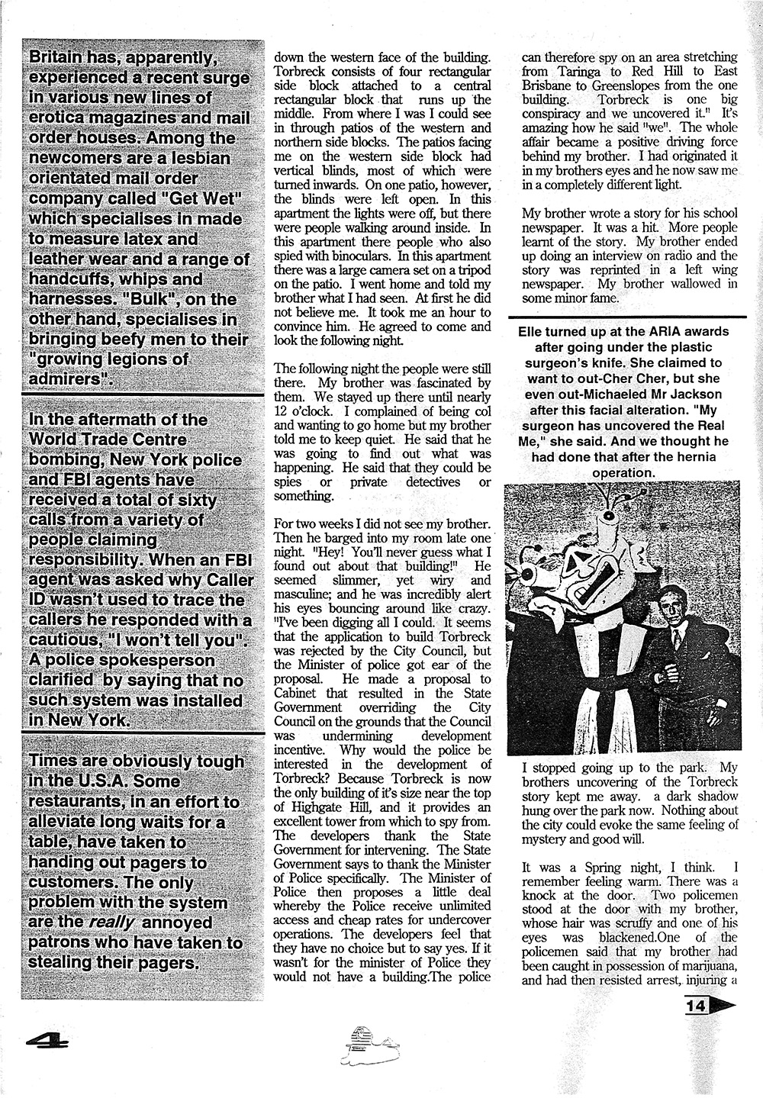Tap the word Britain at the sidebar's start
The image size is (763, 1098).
click(63, 58)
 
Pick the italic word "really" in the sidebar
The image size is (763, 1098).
click(114, 923)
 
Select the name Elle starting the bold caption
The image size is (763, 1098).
click(531, 331)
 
